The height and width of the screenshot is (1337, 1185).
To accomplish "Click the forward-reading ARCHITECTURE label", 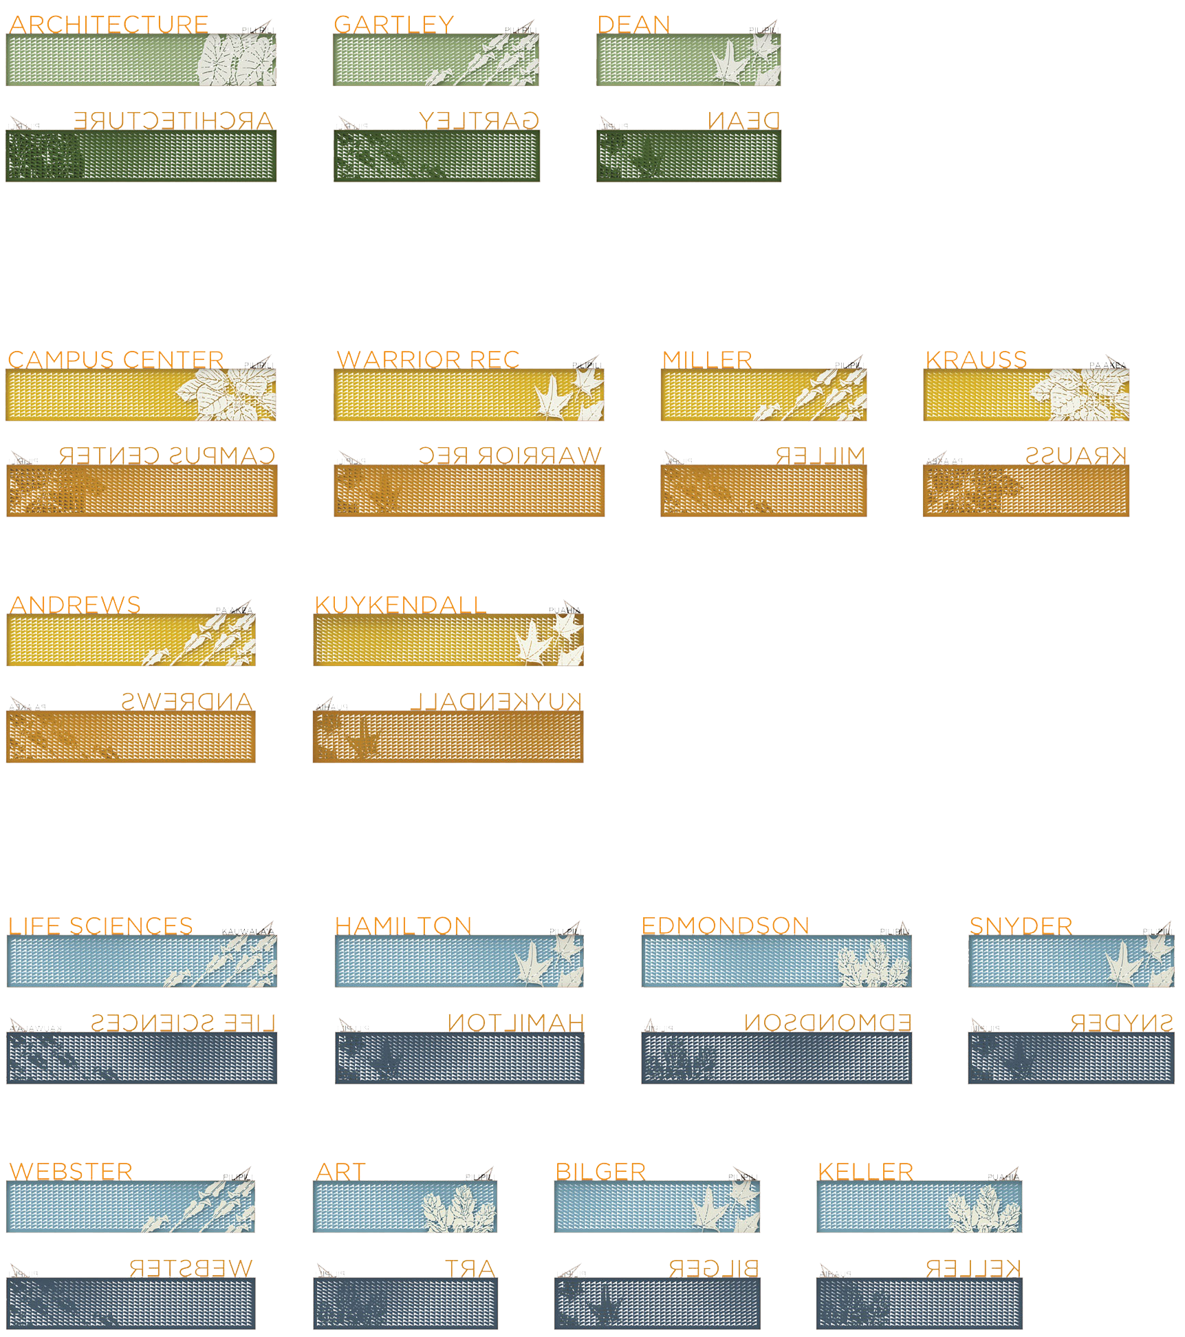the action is coord(108,25).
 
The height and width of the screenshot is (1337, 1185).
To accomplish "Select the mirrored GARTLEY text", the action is coord(479,121).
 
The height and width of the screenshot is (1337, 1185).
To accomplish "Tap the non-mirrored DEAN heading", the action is coord(633,25).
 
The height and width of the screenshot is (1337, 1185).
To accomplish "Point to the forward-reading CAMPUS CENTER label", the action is coord(116,360).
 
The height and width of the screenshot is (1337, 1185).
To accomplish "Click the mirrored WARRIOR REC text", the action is coord(510,456).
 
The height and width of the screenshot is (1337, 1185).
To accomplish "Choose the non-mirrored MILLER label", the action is coord(707,360).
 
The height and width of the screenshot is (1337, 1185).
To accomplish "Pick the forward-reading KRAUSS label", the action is coord(976,360).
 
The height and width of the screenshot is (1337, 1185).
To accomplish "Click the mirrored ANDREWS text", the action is coord(187,701).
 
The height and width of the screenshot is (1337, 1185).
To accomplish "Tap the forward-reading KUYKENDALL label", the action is coord(400,606).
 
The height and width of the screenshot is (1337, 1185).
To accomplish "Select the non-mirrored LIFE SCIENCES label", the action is coord(100,926).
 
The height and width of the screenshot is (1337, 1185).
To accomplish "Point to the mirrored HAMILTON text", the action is coord(516,1023).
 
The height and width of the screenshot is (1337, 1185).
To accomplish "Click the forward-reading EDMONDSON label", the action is coord(726,926).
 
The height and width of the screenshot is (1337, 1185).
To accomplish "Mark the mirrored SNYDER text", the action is coord(1122,1023).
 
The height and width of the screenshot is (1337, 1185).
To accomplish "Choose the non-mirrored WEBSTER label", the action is coord(70,1171).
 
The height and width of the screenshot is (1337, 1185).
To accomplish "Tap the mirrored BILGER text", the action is coord(713,1268).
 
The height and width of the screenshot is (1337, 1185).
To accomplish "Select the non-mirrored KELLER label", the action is coord(866,1171).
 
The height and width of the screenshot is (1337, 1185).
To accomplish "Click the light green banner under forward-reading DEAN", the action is coord(688,60).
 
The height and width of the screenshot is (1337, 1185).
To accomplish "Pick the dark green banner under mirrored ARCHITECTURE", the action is coord(141,156).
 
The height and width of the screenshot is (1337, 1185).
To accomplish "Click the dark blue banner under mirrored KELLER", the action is coord(919,1303).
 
